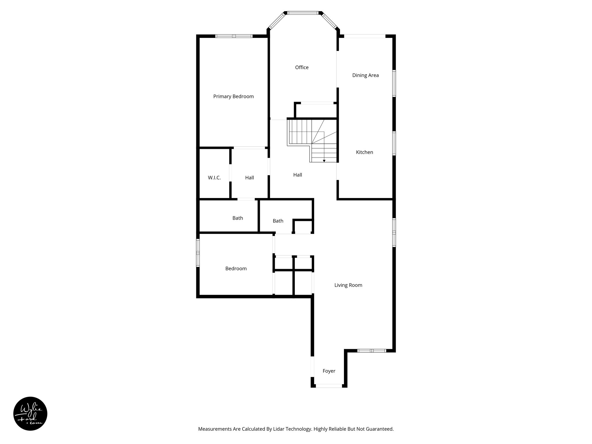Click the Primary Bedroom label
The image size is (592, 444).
[x=233, y=97]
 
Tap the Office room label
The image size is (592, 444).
[x=301, y=67]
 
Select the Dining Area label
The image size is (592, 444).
[x=365, y=75]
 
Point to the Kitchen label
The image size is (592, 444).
[x=364, y=152]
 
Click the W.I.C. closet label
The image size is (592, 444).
[x=214, y=178]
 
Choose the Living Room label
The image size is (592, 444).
[x=348, y=285]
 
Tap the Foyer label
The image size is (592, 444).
[x=329, y=371]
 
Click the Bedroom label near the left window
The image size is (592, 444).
[x=236, y=269]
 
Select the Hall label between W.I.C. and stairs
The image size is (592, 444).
[x=249, y=178]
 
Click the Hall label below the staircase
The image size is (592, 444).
[x=297, y=175]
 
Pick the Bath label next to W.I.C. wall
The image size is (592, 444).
[x=238, y=218]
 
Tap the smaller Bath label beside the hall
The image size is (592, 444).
[x=278, y=221]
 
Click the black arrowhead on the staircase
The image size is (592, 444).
[x=324, y=161]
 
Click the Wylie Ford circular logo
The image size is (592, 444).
[x=30, y=414]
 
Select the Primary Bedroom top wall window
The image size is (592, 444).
[x=234, y=36]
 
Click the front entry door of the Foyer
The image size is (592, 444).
[x=329, y=386]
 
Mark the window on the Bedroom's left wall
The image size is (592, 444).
[x=198, y=253]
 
